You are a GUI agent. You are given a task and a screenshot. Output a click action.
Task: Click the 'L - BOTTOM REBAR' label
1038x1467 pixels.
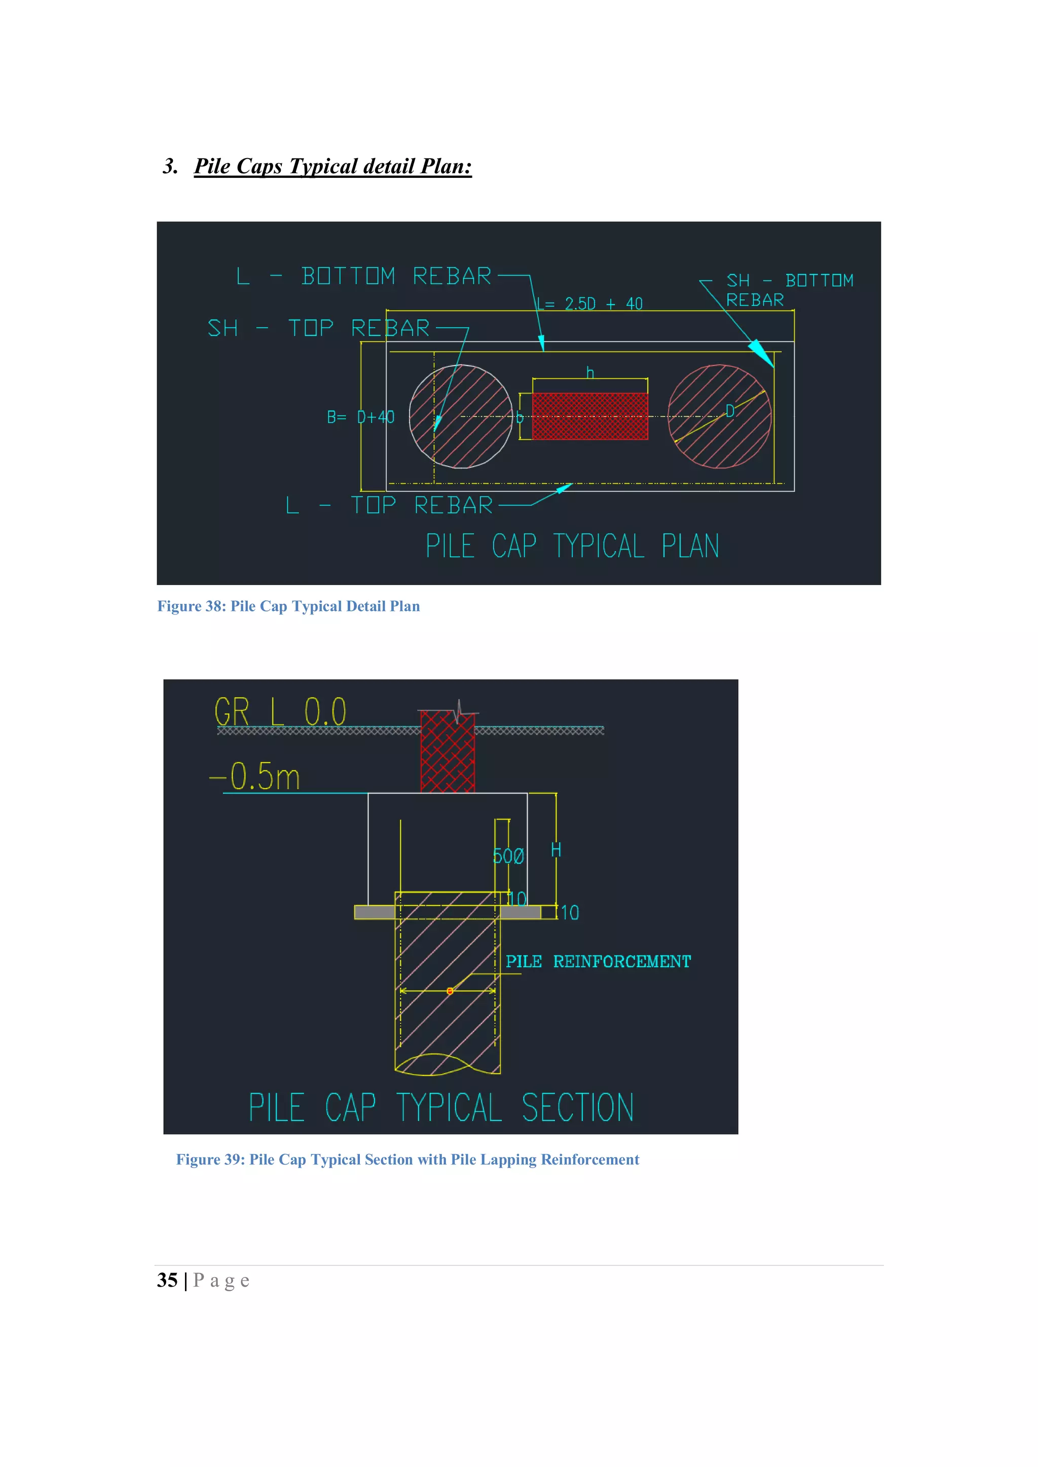pyautogui.click(x=364, y=276)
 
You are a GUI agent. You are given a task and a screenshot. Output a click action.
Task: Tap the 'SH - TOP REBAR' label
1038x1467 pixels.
pyautogui.click(x=318, y=328)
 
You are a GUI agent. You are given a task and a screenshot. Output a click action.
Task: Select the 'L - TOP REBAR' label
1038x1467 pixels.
pyautogui.click(x=389, y=506)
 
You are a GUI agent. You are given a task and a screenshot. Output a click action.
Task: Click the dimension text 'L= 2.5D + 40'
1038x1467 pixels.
pyautogui.click(x=589, y=303)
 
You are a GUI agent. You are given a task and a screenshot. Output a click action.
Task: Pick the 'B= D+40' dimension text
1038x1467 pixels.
pyautogui.click(x=360, y=417)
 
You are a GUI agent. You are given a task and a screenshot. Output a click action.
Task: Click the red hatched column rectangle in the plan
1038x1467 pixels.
pyautogui.click(x=589, y=416)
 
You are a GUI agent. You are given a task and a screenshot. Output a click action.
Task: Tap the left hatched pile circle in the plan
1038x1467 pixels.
pyautogui.click(x=460, y=416)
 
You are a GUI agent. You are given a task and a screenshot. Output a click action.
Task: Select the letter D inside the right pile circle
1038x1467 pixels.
pyautogui.click(x=729, y=411)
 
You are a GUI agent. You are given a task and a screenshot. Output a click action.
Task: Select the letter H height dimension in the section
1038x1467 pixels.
pyautogui.click(x=556, y=850)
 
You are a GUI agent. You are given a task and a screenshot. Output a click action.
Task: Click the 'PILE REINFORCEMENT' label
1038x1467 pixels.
pyautogui.click(x=598, y=961)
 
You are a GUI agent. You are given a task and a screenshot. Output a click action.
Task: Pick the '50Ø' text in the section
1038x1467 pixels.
pyautogui.click(x=508, y=856)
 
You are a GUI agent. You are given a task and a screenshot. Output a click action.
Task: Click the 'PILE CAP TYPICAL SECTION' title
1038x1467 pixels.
pyautogui.click(x=441, y=1107)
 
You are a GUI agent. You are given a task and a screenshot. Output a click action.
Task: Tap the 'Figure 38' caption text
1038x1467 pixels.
pyautogui.click(x=288, y=606)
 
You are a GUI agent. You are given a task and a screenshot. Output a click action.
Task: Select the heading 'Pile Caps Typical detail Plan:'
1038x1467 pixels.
pyautogui.click(x=332, y=166)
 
